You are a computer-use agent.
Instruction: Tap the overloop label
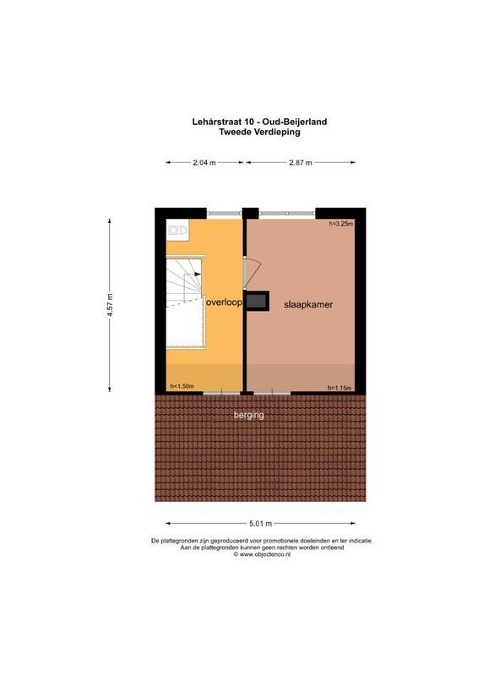tap(224, 302)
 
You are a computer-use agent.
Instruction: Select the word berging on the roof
tap(249, 415)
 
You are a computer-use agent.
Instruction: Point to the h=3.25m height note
tap(340, 224)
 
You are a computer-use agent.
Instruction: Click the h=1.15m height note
tap(339, 388)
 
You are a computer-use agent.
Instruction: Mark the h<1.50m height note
tap(182, 387)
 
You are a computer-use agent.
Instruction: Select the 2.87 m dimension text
tap(301, 162)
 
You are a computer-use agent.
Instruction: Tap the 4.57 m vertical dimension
tap(110, 304)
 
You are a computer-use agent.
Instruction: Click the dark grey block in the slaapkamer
tap(258, 302)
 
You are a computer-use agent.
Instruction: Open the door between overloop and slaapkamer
tap(247, 272)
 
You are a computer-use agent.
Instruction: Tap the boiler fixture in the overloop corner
tap(177, 229)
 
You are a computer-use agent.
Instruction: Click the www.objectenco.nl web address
tap(263, 554)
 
